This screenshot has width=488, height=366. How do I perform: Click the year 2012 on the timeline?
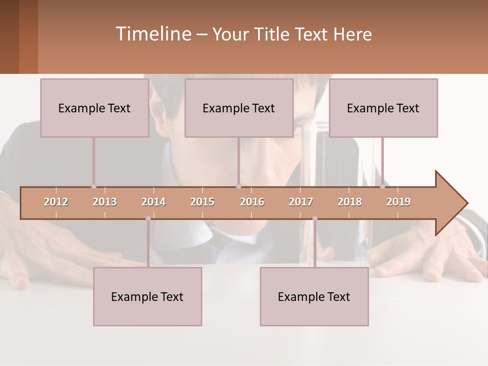point(56,202)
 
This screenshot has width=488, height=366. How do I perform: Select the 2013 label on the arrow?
point(105,202)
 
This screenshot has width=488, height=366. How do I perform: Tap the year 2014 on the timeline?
point(154,202)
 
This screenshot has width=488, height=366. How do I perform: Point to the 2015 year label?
point(202,202)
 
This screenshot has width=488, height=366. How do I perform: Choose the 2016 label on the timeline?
point(252,202)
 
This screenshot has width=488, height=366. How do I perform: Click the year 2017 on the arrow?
point(301,202)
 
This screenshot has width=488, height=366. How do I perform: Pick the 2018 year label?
point(350,202)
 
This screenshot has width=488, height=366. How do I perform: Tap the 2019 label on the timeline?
point(399,202)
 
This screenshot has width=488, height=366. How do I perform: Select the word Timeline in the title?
point(153,34)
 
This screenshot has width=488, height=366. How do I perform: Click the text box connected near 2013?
point(95,108)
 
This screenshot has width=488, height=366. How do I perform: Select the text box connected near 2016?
point(239,108)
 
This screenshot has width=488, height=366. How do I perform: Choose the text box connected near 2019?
point(383,108)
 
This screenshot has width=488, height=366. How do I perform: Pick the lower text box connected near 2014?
point(147,296)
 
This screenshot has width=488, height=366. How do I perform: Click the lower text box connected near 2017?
point(314,296)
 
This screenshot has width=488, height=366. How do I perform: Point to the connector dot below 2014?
point(148,219)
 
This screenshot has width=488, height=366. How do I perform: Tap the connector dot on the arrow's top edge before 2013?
point(94,187)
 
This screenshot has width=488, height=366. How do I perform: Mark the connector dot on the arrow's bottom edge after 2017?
point(315,219)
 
